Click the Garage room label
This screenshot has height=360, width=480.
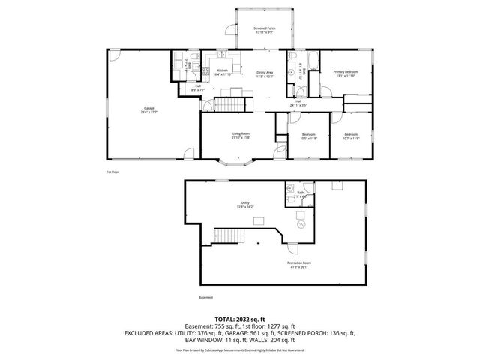coord(149,110)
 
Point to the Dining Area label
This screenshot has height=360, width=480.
coord(265,74)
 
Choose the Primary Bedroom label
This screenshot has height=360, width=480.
coord(346,73)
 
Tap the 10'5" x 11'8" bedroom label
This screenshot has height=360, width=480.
coord(309,137)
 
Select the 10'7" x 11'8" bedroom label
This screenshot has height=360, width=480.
coord(351,137)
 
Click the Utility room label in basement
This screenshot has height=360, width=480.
coord(244,205)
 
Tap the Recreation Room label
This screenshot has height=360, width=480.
coord(298,264)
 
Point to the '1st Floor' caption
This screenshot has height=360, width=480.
coord(114,172)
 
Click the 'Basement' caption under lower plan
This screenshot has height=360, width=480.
coord(206,298)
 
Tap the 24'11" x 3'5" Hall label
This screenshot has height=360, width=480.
coord(298,103)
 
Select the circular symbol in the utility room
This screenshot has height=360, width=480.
coord(301,224)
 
